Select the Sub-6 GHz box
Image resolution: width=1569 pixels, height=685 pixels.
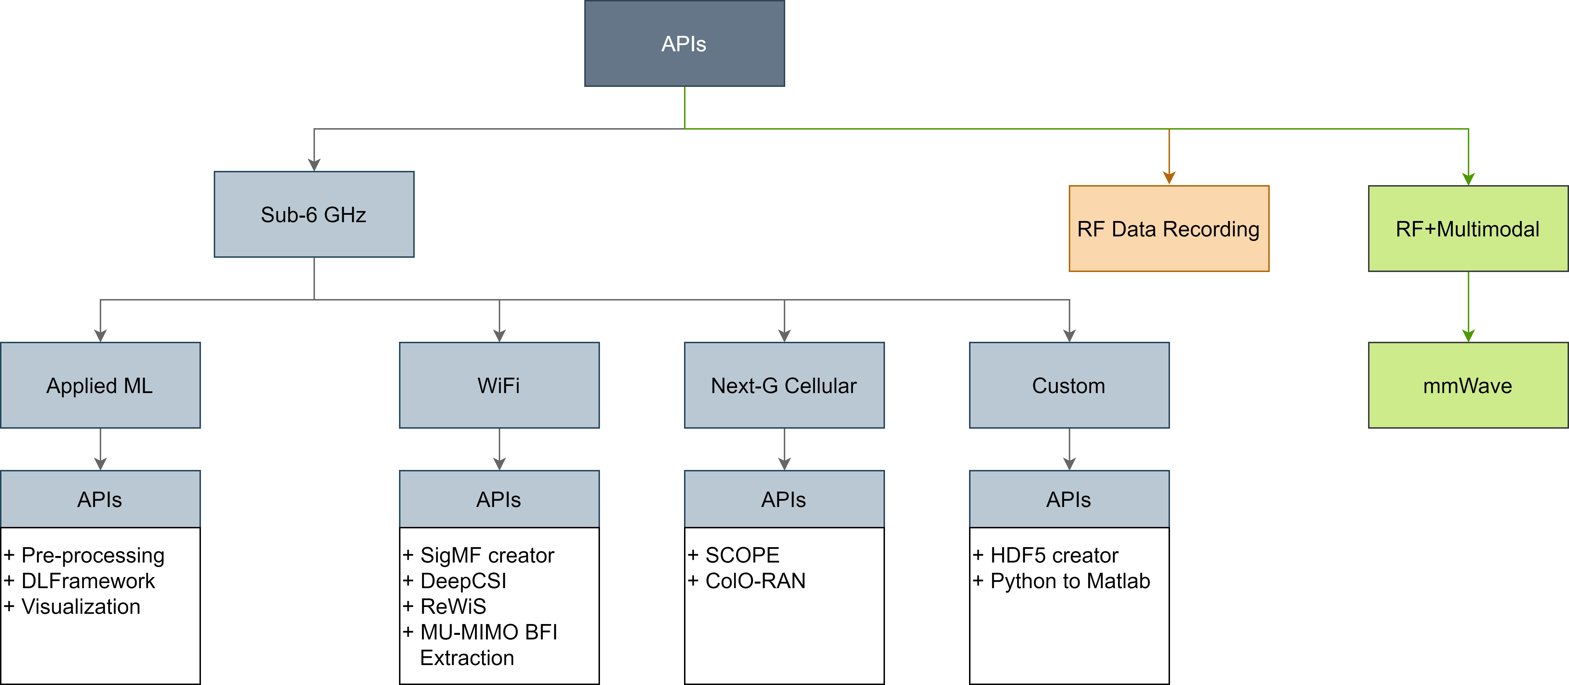tap(314, 214)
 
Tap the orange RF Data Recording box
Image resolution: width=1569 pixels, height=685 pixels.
tap(1169, 228)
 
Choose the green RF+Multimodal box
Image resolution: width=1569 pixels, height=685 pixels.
tap(1468, 228)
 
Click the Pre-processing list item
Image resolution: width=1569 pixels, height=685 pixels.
tap(84, 555)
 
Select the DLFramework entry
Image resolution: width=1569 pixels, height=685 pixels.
tap(79, 581)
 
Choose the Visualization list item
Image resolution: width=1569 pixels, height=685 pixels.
tap(72, 606)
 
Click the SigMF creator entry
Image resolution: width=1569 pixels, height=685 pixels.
tap(478, 555)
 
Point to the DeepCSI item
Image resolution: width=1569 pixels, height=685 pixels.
tap(454, 581)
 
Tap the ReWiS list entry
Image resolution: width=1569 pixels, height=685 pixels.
tap(444, 606)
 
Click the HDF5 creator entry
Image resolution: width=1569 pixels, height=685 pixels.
tap(1045, 555)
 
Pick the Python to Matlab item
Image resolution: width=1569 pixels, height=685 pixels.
tap(1061, 581)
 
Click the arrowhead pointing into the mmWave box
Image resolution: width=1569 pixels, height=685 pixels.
tap(1468, 336)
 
